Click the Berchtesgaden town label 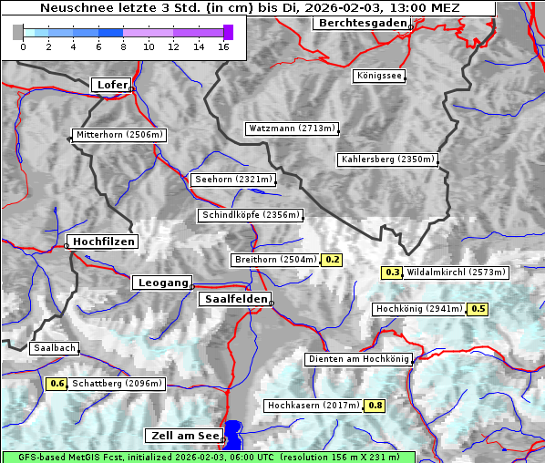[x=361, y=23]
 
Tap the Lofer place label [x=111, y=85]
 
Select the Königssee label [x=379, y=76]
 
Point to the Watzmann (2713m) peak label [x=293, y=129]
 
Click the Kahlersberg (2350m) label [x=387, y=159]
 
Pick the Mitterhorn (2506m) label [x=119, y=135]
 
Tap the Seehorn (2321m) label [x=233, y=180]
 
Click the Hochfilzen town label [x=103, y=242]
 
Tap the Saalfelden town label [x=234, y=299]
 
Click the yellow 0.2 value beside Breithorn [x=333, y=260]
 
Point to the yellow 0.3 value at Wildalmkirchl [x=392, y=272]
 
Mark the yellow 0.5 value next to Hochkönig [x=478, y=309]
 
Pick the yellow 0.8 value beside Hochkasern [x=374, y=405]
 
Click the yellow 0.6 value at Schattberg [x=57, y=384]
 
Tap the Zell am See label [x=182, y=436]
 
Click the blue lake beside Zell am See [x=234, y=435]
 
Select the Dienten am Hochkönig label [x=358, y=359]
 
